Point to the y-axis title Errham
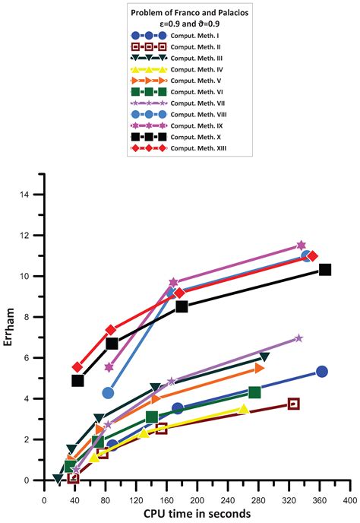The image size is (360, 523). pyautogui.click(x=9, y=334)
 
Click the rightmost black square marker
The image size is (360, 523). pyautogui.click(x=325, y=269)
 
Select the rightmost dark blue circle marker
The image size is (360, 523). pyautogui.click(x=322, y=371)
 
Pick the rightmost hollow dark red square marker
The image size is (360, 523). pyautogui.click(x=294, y=404)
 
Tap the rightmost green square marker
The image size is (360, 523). pyautogui.click(x=254, y=391)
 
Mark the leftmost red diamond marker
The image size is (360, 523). pyautogui.click(x=77, y=367)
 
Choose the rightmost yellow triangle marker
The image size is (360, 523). pyautogui.click(x=243, y=409)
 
